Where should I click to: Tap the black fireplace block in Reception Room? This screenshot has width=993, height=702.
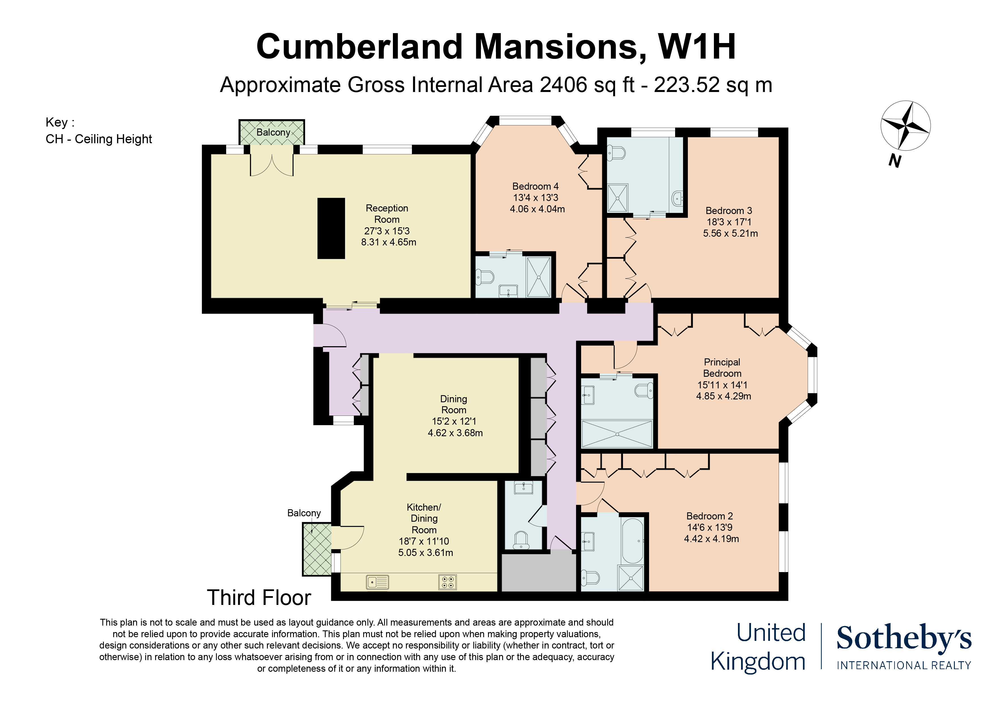tap(331, 228)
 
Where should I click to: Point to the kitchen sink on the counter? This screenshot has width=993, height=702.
tap(377, 582)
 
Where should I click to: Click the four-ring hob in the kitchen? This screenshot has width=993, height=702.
tap(447, 582)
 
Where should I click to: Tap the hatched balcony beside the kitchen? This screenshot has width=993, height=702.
tap(316, 549)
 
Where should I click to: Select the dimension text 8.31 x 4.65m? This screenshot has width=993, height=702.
tap(388, 242)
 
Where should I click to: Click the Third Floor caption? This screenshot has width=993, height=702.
tap(259, 598)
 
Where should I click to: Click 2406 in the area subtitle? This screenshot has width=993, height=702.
tap(564, 85)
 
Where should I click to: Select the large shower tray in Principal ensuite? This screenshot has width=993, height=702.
tap(617, 434)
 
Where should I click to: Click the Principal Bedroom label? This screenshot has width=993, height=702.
tap(722, 368)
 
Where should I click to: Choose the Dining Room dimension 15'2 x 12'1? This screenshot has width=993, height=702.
tap(454, 421)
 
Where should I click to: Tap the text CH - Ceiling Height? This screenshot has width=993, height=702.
tap(99, 139)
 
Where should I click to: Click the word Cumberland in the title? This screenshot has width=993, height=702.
tap(359, 47)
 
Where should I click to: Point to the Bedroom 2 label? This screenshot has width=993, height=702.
tap(709, 516)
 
